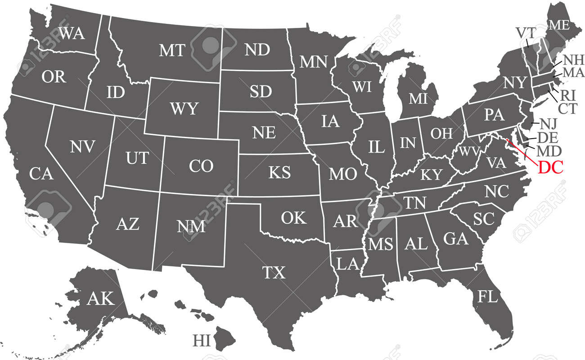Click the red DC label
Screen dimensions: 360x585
point(550,168)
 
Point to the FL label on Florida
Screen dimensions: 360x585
point(488,297)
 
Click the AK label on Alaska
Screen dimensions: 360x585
point(101,298)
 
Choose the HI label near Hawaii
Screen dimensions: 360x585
point(202,340)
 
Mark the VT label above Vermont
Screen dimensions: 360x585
point(525,32)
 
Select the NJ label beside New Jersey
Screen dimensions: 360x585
point(549,123)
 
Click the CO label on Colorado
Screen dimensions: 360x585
point(201,166)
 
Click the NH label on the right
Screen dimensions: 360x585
point(573,60)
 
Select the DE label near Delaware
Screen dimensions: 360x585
point(548,137)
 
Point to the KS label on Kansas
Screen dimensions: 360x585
point(279,172)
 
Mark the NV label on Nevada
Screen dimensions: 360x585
point(82,146)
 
